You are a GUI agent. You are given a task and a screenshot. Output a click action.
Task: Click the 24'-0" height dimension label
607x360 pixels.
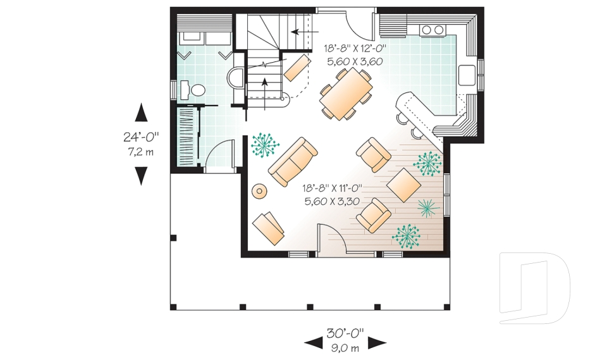141,137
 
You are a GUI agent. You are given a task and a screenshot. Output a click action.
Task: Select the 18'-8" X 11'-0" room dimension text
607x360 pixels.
331,188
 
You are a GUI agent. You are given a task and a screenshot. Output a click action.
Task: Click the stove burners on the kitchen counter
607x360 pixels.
432,30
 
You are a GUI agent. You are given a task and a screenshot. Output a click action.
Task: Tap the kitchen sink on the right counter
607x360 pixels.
468,75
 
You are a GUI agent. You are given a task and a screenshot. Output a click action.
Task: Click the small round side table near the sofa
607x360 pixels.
259,190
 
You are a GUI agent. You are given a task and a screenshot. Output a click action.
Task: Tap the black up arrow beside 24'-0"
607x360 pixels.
142,113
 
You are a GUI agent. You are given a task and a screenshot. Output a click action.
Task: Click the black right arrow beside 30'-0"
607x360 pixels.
377,342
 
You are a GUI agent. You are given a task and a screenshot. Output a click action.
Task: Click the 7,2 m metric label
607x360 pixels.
141,152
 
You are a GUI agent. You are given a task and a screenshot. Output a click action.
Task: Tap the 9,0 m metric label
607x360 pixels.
345,347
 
